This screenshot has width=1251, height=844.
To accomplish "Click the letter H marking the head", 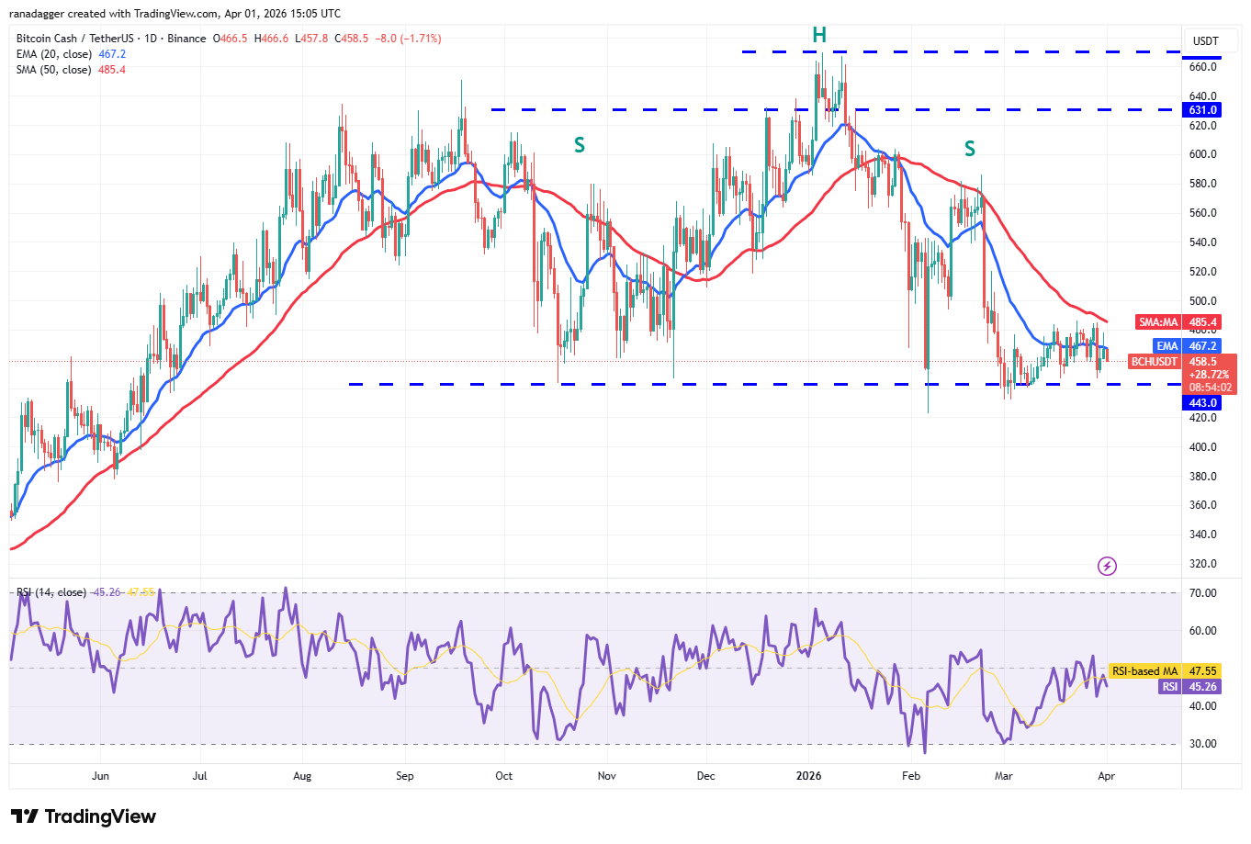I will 819,36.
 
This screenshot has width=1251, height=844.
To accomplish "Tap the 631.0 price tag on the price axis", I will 1202,110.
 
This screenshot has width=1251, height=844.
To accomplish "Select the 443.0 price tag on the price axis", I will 1202,403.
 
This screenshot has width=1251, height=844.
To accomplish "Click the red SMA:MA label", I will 1158,322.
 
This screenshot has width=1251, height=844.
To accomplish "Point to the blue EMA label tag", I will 1166,346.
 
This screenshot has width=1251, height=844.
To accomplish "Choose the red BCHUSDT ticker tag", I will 1155,362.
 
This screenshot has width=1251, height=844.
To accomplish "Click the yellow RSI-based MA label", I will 1144,671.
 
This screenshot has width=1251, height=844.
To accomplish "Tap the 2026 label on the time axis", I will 809,776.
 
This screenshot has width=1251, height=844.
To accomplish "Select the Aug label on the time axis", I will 302,776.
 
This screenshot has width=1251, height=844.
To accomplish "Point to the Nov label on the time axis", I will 606,776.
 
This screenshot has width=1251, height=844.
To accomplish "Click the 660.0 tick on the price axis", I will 1202,67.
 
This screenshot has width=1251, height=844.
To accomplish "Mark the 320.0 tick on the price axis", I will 1202,564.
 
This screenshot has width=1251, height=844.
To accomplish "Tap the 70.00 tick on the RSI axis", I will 1202,593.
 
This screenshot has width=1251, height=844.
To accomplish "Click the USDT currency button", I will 1205,41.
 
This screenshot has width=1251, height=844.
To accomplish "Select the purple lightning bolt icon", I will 1108,566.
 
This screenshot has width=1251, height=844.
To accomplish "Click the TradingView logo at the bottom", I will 84,816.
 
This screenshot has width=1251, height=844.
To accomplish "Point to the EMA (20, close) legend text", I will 54,54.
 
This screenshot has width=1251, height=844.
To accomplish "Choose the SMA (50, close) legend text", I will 53,70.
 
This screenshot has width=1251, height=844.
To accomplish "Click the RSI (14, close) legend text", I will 51,592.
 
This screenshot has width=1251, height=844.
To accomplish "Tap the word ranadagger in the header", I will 36,14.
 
